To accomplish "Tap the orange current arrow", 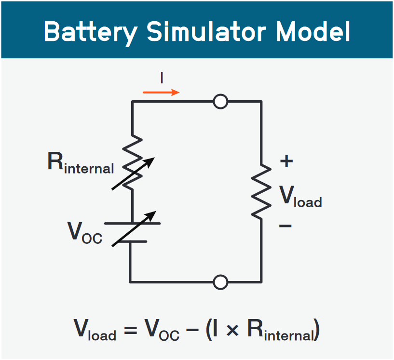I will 162,92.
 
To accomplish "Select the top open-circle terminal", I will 220,101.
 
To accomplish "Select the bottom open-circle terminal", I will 220,282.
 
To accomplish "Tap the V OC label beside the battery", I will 85,232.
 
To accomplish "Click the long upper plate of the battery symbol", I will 132,223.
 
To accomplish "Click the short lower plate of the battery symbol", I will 131,240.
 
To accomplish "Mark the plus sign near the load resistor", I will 286,161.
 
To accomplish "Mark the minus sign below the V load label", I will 285,225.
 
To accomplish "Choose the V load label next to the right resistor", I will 300,196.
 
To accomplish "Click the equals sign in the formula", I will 130,331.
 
